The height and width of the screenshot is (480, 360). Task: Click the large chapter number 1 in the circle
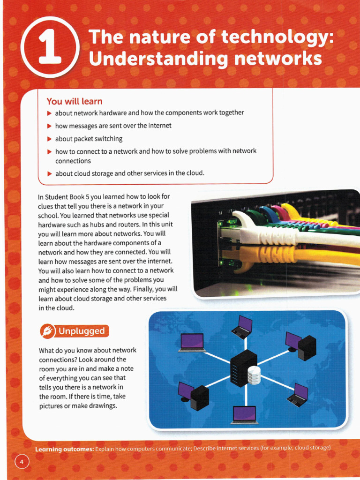[50, 48]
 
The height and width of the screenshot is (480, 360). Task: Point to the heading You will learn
[74, 101]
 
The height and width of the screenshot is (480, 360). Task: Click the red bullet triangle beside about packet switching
[49, 139]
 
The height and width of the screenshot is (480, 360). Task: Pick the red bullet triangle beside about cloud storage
[49, 173]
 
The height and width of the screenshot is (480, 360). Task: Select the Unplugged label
[81, 331]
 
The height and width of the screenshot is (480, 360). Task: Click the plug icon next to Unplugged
[47, 331]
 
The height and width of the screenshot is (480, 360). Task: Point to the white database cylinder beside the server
[254, 375]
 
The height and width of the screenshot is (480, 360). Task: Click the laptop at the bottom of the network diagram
[244, 415]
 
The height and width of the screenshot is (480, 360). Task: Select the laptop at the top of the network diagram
[242, 327]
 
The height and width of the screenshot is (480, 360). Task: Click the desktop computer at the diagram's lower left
[193, 396]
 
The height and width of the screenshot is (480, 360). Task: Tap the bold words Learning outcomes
[65, 449]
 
